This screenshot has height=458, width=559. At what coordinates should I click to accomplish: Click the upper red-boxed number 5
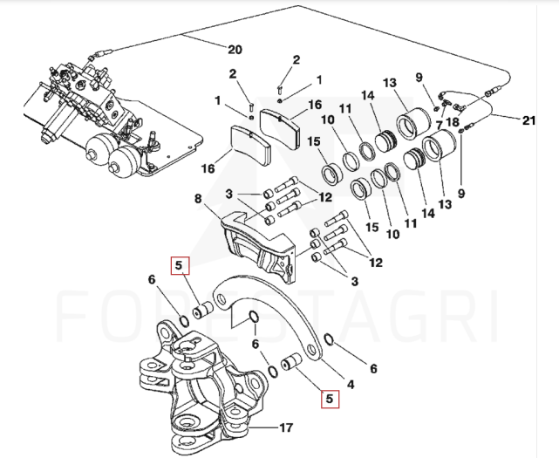(x=178, y=264)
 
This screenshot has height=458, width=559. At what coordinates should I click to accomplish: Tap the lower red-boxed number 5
(x=329, y=400)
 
